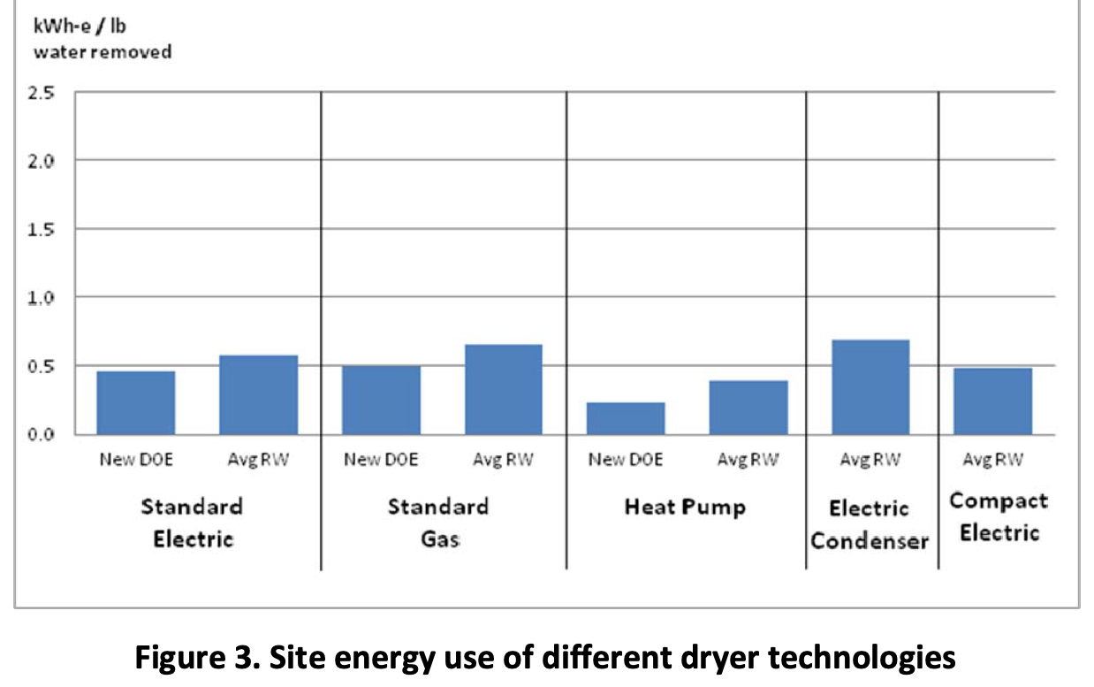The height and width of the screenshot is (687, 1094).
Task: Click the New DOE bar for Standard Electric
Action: pos(136,402)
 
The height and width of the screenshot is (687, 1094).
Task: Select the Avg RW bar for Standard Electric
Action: pos(259,394)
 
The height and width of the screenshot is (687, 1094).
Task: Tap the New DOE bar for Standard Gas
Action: pos(382,400)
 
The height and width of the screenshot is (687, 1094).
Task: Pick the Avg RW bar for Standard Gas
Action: pos(504,389)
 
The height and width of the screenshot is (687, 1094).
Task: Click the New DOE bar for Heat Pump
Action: pos(626,418)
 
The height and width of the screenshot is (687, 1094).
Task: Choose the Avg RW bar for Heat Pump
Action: pos(748,407)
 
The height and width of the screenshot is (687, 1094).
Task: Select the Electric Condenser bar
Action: pos(870,386)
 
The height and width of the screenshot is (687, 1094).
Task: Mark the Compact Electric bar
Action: pos(993,401)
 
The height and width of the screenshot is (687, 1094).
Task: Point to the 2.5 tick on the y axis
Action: pos(44,92)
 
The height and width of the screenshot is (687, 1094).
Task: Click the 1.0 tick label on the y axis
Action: pos(44,297)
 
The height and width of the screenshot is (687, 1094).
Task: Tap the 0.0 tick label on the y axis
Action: pos(44,434)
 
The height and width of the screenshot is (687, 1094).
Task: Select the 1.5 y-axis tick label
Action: pos(44,229)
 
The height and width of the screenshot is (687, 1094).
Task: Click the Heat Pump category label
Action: pos(685,508)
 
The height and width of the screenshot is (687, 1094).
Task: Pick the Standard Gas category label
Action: pos(438,522)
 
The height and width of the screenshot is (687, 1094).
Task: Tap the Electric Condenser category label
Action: pos(870,524)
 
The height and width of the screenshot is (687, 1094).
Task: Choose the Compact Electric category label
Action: pos(999,517)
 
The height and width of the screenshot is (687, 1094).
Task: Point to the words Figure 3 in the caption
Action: pos(193,659)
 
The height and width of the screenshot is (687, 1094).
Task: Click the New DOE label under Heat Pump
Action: pos(626,460)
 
